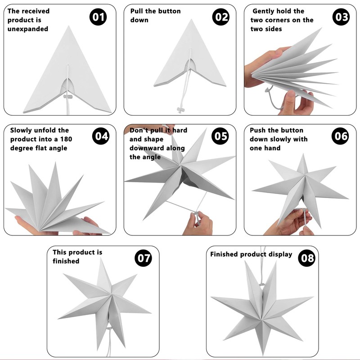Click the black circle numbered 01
(98, 17)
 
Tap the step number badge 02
(221, 17)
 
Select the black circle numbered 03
(341, 17)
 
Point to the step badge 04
(101, 136)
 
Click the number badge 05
(220, 136)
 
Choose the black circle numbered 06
(340, 136)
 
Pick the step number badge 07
(143, 258)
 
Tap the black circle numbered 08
(307, 258)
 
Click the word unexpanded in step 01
(28, 29)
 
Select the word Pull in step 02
(137, 11)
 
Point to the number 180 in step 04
(66, 139)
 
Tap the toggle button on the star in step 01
(68, 96)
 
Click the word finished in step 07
(66, 261)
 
